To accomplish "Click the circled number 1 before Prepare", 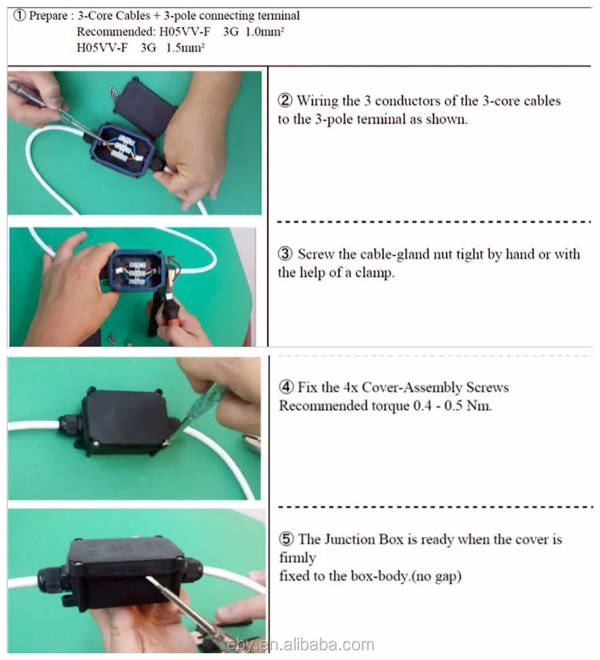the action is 20,16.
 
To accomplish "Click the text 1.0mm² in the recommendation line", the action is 264,32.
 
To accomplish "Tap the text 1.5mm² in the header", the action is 185,47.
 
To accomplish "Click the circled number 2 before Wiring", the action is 285,100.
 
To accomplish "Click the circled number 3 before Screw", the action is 285,254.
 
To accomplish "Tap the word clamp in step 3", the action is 375,273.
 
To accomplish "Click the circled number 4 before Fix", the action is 286,387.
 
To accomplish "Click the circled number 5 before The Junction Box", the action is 286,539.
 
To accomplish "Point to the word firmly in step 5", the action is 298,558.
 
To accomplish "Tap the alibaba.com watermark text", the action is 300,645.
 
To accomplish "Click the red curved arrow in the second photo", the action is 175,263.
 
